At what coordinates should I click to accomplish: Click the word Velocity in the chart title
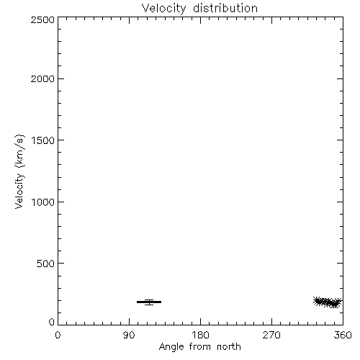pyautogui.click(x=163, y=9)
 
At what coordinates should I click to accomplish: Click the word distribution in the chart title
pyautogui.click(x=225, y=8)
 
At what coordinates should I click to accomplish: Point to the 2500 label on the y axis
pyautogui.click(x=42, y=19)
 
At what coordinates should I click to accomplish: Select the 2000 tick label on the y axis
pyautogui.click(x=42, y=78)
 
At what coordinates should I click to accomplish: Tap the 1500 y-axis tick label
pyautogui.click(x=43, y=140)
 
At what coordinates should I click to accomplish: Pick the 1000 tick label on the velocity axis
pyautogui.click(x=43, y=202)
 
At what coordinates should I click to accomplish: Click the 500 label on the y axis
pyautogui.click(x=46, y=264)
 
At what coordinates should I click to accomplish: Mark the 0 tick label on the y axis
pyautogui.click(x=52, y=322)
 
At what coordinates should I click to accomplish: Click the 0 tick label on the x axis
pyautogui.click(x=58, y=335)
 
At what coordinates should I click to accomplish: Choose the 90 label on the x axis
pyautogui.click(x=129, y=335)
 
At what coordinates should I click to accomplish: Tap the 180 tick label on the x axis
pyautogui.click(x=200, y=335)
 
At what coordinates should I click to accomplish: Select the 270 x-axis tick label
pyautogui.click(x=271, y=335)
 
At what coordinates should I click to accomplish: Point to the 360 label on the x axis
pyautogui.click(x=343, y=335)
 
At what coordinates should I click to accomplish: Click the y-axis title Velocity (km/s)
pyautogui.click(x=19, y=171)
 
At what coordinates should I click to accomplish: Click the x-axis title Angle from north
pyautogui.click(x=200, y=347)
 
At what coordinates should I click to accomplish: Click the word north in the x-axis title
pyautogui.click(x=229, y=347)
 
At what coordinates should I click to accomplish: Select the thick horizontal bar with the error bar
pyautogui.click(x=149, y=302)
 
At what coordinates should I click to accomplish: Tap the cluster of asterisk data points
pyautogui.click(x=328, y=302)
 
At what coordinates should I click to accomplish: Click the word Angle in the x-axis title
pyautogui.click(x=171, y=347)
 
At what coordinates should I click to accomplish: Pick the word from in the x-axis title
pyautogui.click(x=200, y=347)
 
